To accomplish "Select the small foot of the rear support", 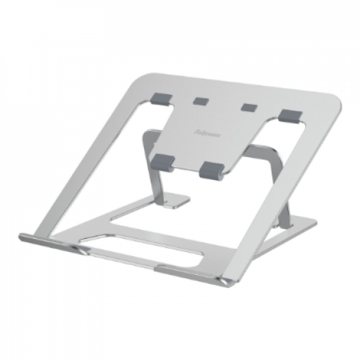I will [175, 200].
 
